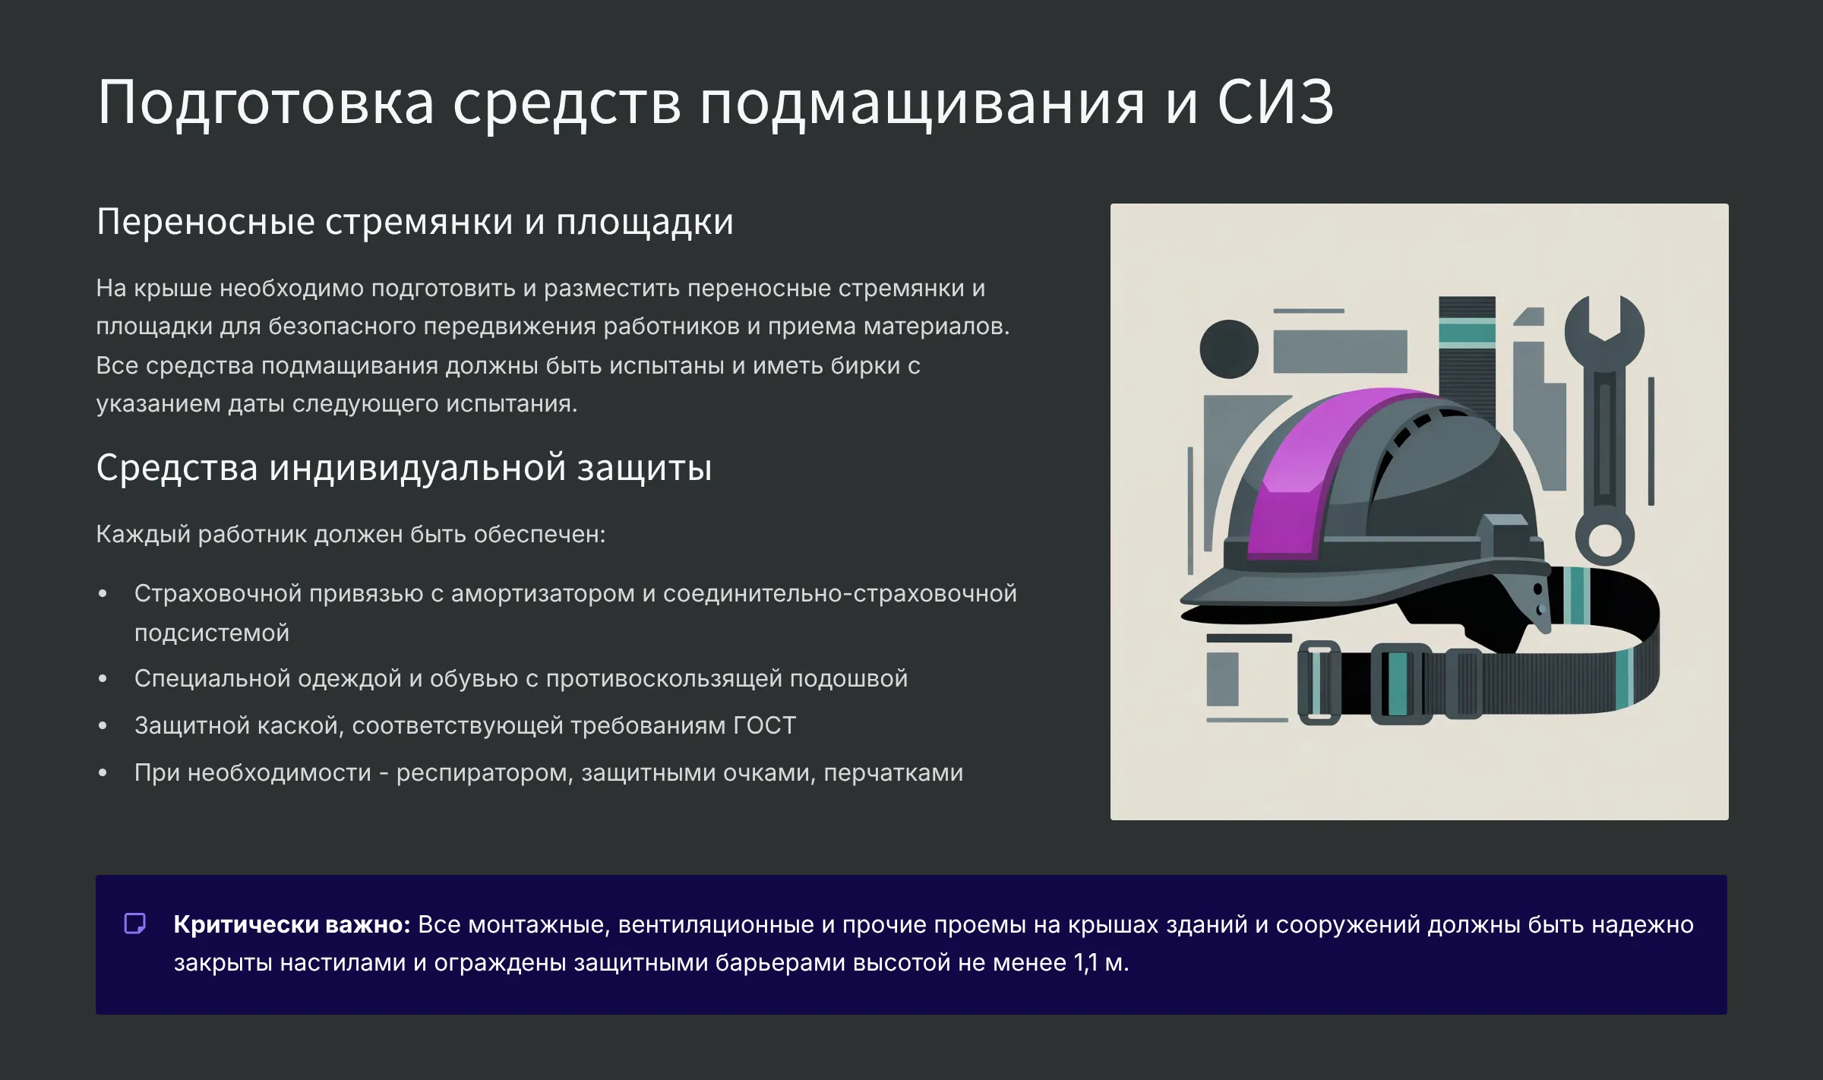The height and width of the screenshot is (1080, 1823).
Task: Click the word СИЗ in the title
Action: [1275, 102]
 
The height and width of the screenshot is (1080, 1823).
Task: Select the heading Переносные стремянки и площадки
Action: [415, 222]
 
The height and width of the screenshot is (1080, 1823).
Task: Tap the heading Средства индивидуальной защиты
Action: [404, 467]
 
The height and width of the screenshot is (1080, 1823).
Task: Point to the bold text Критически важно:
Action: [292, 924]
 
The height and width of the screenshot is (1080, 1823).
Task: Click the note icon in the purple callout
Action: [135, 924]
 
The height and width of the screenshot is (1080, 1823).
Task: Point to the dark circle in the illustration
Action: [1228, 349]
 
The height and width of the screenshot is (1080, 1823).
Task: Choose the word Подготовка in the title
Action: [266, 102]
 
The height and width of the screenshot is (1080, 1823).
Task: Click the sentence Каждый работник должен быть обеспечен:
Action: [351, 535]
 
